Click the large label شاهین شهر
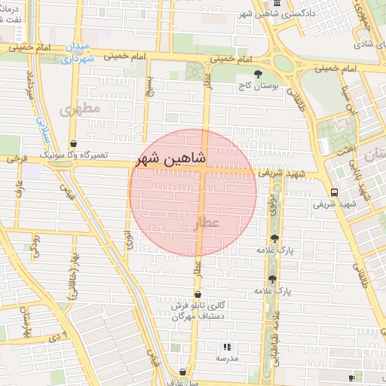(192, 158)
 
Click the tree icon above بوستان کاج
(259, 75)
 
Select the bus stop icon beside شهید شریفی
(334, 191)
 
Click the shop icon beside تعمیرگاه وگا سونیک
(73, 143)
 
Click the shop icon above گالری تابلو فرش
(198, 295)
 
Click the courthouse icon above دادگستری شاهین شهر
(277, 3)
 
